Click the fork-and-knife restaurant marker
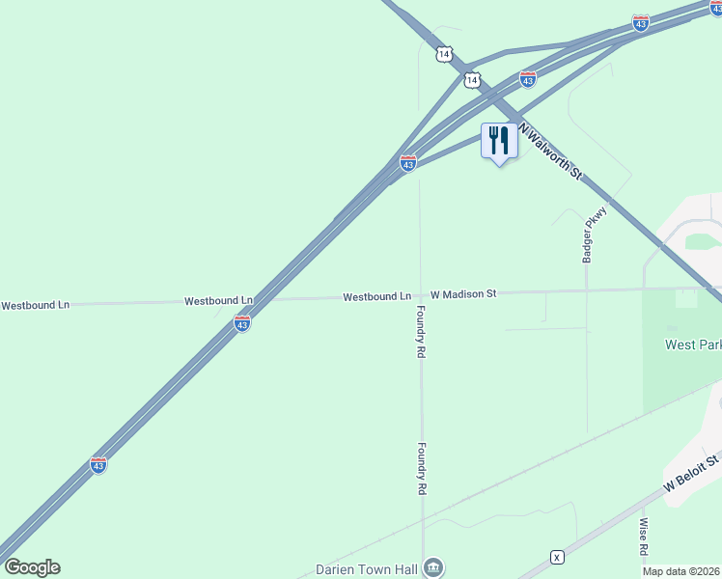(499, 141)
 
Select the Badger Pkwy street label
(587, 234)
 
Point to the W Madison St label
(463, 293)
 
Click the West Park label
(692, 345)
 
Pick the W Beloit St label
(692, 476)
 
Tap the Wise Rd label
(643, 538)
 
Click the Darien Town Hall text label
(368, 569)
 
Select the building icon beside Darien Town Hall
(433, 567)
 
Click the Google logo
(32, 567)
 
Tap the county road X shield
(557, 557)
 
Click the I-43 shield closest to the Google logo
(98, 465)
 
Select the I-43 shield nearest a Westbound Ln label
(242, 324)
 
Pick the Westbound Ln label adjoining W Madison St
(377, 296)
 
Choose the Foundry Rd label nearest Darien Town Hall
(422, 469)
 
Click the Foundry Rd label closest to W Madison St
(421, 332)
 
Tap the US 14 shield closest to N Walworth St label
(471, 79)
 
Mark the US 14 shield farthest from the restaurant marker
(443, 54)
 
